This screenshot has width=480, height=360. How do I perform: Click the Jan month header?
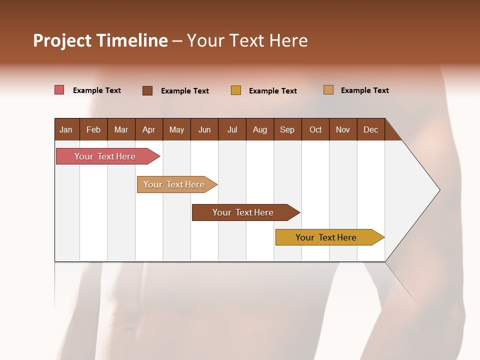point(66,129)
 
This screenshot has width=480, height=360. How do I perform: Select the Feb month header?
point(93,129)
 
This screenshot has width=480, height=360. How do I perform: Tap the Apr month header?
point(149,129)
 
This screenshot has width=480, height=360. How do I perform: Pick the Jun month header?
point(204,129)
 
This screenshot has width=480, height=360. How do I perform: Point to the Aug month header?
point(260,129)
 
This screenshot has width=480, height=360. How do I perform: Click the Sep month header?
point(287,129)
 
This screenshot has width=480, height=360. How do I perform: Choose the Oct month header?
point(315,129)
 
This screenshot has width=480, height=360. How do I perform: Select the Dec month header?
point(371,129)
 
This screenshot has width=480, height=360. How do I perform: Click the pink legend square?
point(59,90)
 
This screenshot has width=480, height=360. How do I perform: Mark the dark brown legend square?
point(147,90)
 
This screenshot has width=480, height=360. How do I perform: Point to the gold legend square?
point(236,90)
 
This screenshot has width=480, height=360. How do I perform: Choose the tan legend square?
point(328,90)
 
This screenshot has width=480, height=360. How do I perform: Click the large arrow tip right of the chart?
point(420,190)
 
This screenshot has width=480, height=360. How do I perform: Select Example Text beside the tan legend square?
point(365,90)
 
